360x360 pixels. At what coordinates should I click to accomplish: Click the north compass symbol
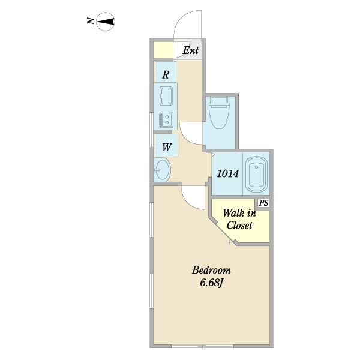106,22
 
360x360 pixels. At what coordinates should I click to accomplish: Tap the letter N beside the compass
91,21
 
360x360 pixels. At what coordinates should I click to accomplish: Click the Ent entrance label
191,50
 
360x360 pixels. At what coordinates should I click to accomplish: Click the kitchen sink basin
166,96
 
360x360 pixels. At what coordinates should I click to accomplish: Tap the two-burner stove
166,119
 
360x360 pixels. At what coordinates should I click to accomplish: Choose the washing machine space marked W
166,146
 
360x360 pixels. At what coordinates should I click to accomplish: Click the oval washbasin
162,170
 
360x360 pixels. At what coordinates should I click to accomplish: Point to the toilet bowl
219,116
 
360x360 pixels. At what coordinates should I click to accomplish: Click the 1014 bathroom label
228,173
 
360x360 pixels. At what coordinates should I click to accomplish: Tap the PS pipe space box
263,203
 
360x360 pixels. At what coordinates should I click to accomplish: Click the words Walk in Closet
239,219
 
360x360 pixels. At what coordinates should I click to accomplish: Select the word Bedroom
211,270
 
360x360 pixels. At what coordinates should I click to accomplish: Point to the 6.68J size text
212,283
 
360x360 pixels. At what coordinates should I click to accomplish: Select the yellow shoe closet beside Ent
163,50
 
